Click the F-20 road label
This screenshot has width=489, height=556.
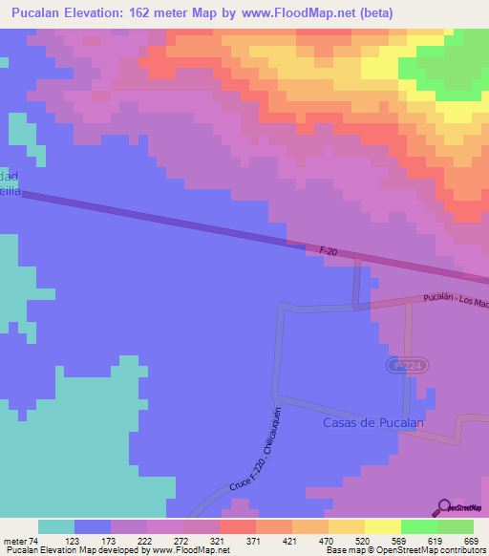[329, 250]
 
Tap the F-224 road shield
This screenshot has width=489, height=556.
[402, 365]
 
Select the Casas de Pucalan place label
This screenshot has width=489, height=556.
[372, 422]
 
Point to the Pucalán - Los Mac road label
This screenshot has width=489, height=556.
[455, 302]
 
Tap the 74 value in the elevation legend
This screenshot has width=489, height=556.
[33, 540]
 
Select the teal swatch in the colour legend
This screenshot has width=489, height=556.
[56, 526]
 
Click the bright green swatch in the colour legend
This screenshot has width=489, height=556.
[418, 526]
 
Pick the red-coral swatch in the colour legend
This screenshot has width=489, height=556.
[237, 526]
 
